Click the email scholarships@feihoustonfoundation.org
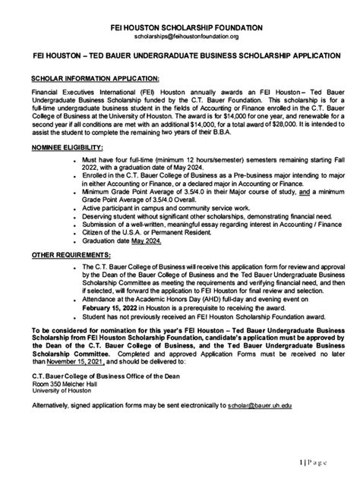click(x=180, y=36)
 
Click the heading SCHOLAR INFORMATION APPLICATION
click(x=95, y=78)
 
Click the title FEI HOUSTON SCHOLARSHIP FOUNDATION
click(x=180, y=27)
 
